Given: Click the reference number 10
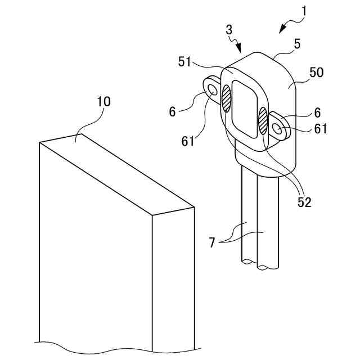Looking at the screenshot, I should [x=103, y=102].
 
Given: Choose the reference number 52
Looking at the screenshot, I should [x=304, y=202].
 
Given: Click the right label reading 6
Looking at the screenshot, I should [x=317, y=112].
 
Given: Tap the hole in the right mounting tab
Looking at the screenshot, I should [x=278, y=129].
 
